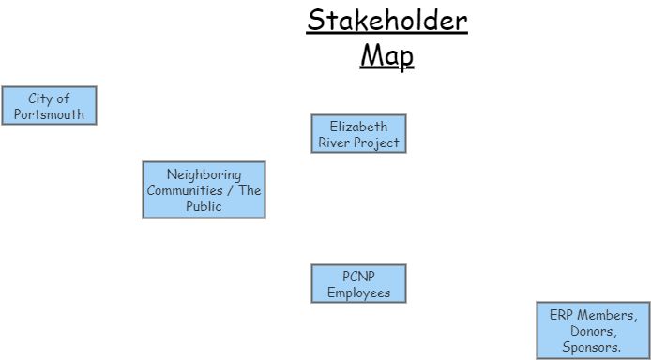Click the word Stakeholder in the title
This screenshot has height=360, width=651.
386,21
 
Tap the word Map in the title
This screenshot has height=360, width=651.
386,56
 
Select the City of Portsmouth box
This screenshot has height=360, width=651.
49,106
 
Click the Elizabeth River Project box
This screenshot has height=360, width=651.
358,134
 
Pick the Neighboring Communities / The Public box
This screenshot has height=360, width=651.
204,190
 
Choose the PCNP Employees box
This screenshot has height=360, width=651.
358,284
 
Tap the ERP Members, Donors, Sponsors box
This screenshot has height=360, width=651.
593,331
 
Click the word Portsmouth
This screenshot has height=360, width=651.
49,115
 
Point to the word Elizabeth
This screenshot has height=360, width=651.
358,126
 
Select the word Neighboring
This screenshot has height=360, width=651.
204,174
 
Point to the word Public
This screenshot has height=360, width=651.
204,206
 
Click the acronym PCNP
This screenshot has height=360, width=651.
358,276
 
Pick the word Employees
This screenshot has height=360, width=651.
358,293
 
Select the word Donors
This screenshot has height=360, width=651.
593,331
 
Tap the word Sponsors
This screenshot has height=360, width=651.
593,347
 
